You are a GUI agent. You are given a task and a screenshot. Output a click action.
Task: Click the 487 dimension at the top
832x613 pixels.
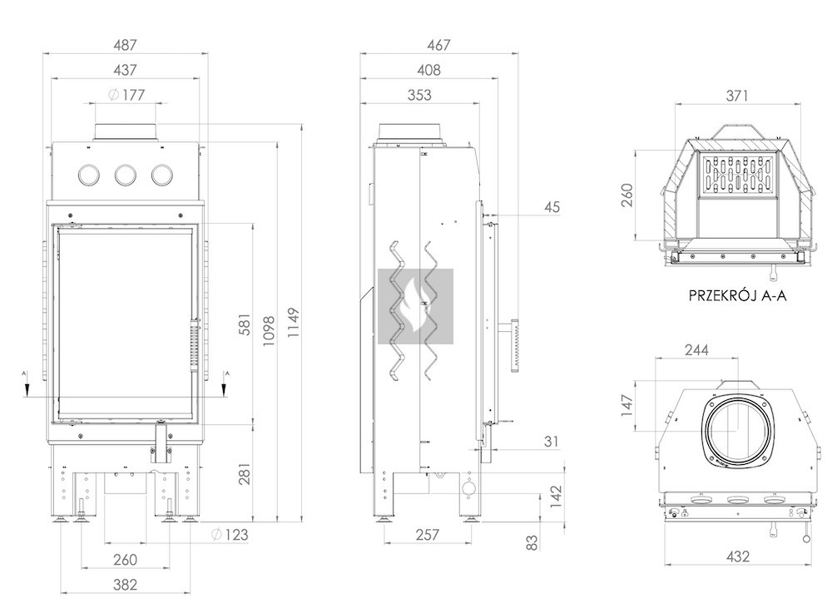tap(124, 45)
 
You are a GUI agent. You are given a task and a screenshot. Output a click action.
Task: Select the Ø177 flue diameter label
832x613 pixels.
tap(126, 96)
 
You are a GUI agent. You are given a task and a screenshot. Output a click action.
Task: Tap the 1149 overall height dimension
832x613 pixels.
tap(293, 320)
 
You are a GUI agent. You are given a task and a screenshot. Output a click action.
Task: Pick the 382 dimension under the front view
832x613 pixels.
tap(125, 585)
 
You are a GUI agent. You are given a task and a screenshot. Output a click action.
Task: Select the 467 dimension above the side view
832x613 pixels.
tap(439, 45)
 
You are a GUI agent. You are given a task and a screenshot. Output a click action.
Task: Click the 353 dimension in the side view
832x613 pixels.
tap(420, 96)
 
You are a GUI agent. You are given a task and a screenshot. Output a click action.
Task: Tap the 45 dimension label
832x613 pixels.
tap(552, 207)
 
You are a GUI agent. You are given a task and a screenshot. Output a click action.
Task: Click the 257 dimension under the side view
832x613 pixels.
tap(426, 535)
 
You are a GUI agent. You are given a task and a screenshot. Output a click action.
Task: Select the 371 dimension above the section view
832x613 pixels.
tap(736, 96)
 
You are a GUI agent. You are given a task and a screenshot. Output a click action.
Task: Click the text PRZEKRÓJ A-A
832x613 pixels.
tap(737, 294)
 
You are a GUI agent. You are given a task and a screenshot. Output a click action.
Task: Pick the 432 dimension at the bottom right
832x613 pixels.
tap(736, 556)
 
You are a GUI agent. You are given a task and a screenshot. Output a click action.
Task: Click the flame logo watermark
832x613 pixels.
tap(415, 306)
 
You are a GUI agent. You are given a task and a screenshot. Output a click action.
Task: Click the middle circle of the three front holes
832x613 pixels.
tap(126, 175)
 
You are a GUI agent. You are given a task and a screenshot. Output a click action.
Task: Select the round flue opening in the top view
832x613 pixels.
tap(736, 432)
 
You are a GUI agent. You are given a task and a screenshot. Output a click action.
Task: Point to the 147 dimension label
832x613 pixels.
tap(627, 404)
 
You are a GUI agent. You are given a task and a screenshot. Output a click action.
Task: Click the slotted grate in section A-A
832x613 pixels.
tap(737, 177)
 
